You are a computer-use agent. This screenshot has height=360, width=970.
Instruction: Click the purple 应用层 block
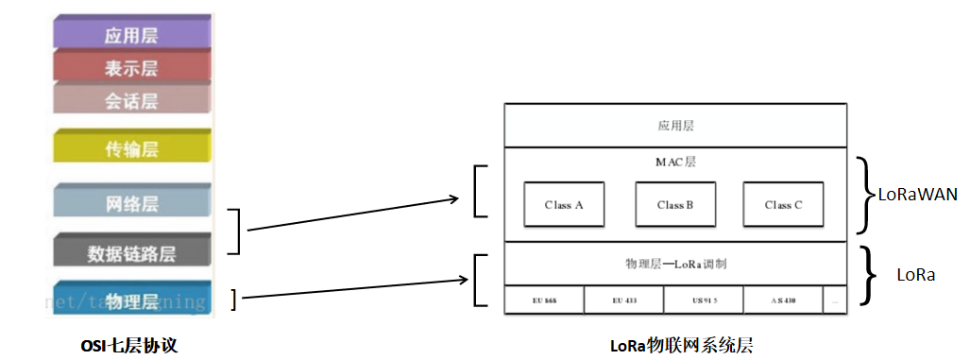[x=130, y=36]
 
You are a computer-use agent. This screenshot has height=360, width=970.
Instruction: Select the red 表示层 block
[x=130, y=68]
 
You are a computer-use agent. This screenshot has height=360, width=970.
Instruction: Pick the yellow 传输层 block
[x=130, y=148]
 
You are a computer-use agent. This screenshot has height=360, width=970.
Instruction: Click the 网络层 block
[x=130, y=203]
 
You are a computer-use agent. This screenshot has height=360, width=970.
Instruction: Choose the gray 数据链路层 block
[x=130, y=253]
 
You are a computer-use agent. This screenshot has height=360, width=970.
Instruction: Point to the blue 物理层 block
[x=130, y=300]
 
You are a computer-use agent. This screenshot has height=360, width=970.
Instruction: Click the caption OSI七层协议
[x=129, y=347]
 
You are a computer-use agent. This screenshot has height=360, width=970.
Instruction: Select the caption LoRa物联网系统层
[x=681, y=346]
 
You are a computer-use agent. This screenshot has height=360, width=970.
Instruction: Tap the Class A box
[x=564, y=205]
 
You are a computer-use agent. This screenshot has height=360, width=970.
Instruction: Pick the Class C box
[x=783, y=205]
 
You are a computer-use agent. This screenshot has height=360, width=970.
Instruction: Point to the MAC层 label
[x=675, y=162]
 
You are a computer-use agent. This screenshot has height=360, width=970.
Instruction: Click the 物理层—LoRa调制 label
[x=675, y=265]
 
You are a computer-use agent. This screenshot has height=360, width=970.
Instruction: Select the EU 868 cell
[x=544, y=300]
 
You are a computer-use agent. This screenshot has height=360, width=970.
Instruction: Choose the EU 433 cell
[x=623, y=300]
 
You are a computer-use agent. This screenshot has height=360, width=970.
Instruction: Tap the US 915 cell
[x=704, y=300]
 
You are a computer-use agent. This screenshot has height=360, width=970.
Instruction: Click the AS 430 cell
[x=782, y=300]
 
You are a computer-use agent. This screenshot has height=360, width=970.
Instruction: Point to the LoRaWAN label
[x=918, y=196]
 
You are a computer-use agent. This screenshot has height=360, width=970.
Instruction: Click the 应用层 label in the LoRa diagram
[x=675, y=125]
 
